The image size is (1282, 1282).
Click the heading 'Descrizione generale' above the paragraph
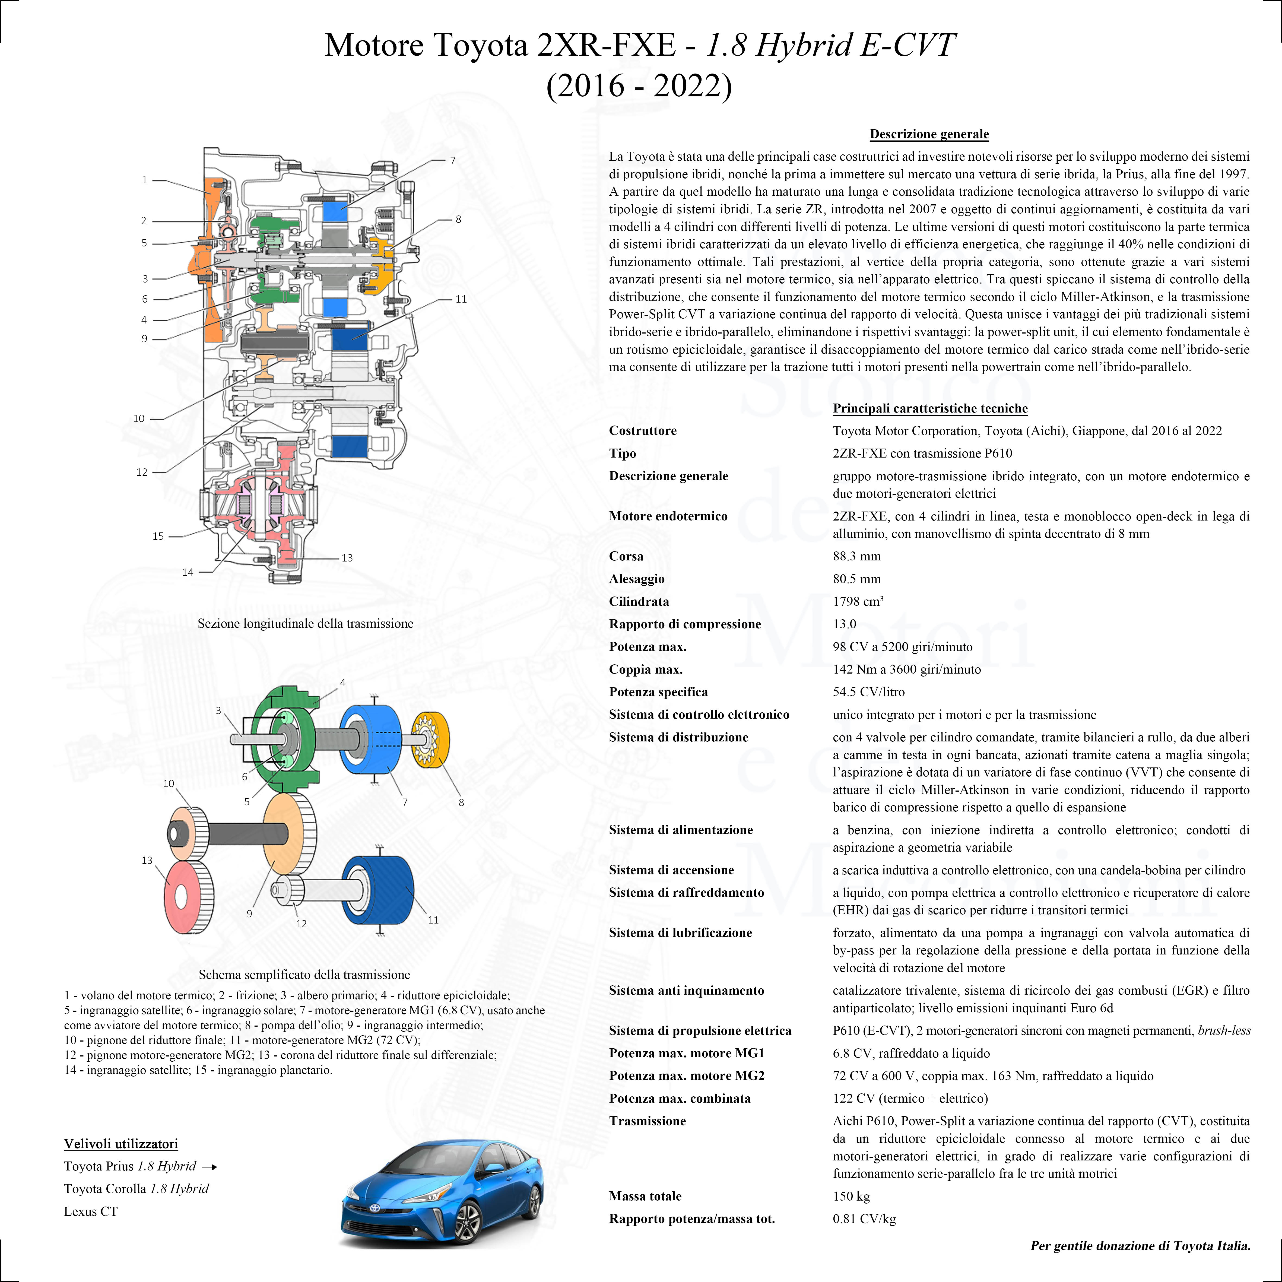929,134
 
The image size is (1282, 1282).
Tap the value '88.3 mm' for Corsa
857,556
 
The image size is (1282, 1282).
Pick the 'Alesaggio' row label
636,579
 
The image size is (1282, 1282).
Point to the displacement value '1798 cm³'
858,601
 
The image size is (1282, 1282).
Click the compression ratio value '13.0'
845,624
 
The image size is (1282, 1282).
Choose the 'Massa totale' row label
645,1196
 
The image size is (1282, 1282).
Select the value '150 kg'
851,1196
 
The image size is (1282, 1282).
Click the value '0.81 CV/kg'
865,1218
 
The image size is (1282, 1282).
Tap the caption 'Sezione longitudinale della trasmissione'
305,623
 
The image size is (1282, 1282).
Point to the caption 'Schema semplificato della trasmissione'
304,974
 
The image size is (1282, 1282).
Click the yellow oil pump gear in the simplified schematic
431,740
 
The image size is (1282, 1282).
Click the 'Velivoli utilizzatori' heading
121,1143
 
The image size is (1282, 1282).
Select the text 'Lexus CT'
91,1211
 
